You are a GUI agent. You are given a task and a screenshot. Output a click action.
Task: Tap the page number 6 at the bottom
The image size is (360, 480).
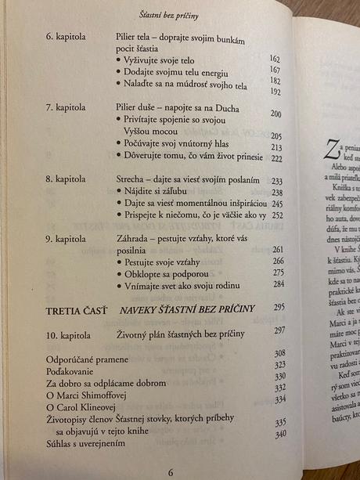[x=170, y=471]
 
